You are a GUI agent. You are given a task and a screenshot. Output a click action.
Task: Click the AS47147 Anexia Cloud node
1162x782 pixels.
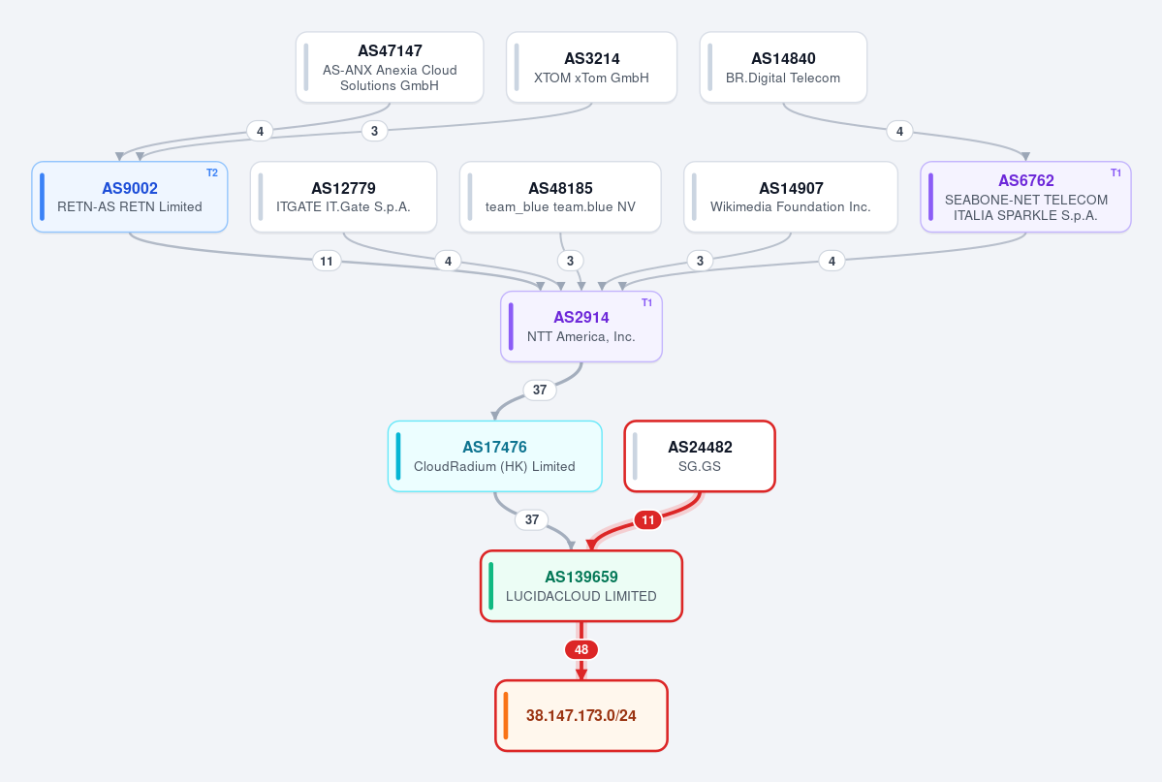390,68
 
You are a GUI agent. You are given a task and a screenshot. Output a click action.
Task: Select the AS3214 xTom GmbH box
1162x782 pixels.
591,68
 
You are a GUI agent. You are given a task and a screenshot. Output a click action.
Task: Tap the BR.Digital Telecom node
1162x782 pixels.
783,68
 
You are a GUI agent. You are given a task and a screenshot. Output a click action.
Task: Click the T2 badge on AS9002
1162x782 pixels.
212,172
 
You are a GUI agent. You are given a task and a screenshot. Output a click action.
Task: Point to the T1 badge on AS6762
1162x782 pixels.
1116,172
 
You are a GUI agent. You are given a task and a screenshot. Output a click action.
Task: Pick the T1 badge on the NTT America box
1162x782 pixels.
647,302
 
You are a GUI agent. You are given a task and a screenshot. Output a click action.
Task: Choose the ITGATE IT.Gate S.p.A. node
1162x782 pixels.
344,197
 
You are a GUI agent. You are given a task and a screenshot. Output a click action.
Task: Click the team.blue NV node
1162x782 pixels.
560,197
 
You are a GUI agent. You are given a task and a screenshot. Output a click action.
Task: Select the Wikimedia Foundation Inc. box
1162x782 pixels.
791,197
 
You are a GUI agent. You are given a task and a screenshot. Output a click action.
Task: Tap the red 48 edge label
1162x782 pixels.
581,650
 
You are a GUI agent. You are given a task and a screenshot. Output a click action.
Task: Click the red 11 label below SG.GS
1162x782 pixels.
648,520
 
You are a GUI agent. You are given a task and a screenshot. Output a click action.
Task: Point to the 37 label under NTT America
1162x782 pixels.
540,390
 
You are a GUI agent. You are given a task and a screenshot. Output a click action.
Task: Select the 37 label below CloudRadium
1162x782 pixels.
532,519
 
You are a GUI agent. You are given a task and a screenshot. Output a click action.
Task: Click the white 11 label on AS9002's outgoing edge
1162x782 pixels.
327,261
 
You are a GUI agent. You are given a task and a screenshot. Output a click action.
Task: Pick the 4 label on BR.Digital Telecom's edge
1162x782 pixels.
899,131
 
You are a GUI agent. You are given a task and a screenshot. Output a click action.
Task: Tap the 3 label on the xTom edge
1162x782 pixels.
374,131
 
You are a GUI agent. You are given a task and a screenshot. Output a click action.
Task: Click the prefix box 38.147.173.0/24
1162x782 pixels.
581,716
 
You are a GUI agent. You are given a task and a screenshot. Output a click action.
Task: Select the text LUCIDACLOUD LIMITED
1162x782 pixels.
581,596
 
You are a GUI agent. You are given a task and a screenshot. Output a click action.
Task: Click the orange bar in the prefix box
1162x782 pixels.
506,716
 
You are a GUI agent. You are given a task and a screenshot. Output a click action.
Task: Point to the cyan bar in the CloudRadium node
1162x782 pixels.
398,456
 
